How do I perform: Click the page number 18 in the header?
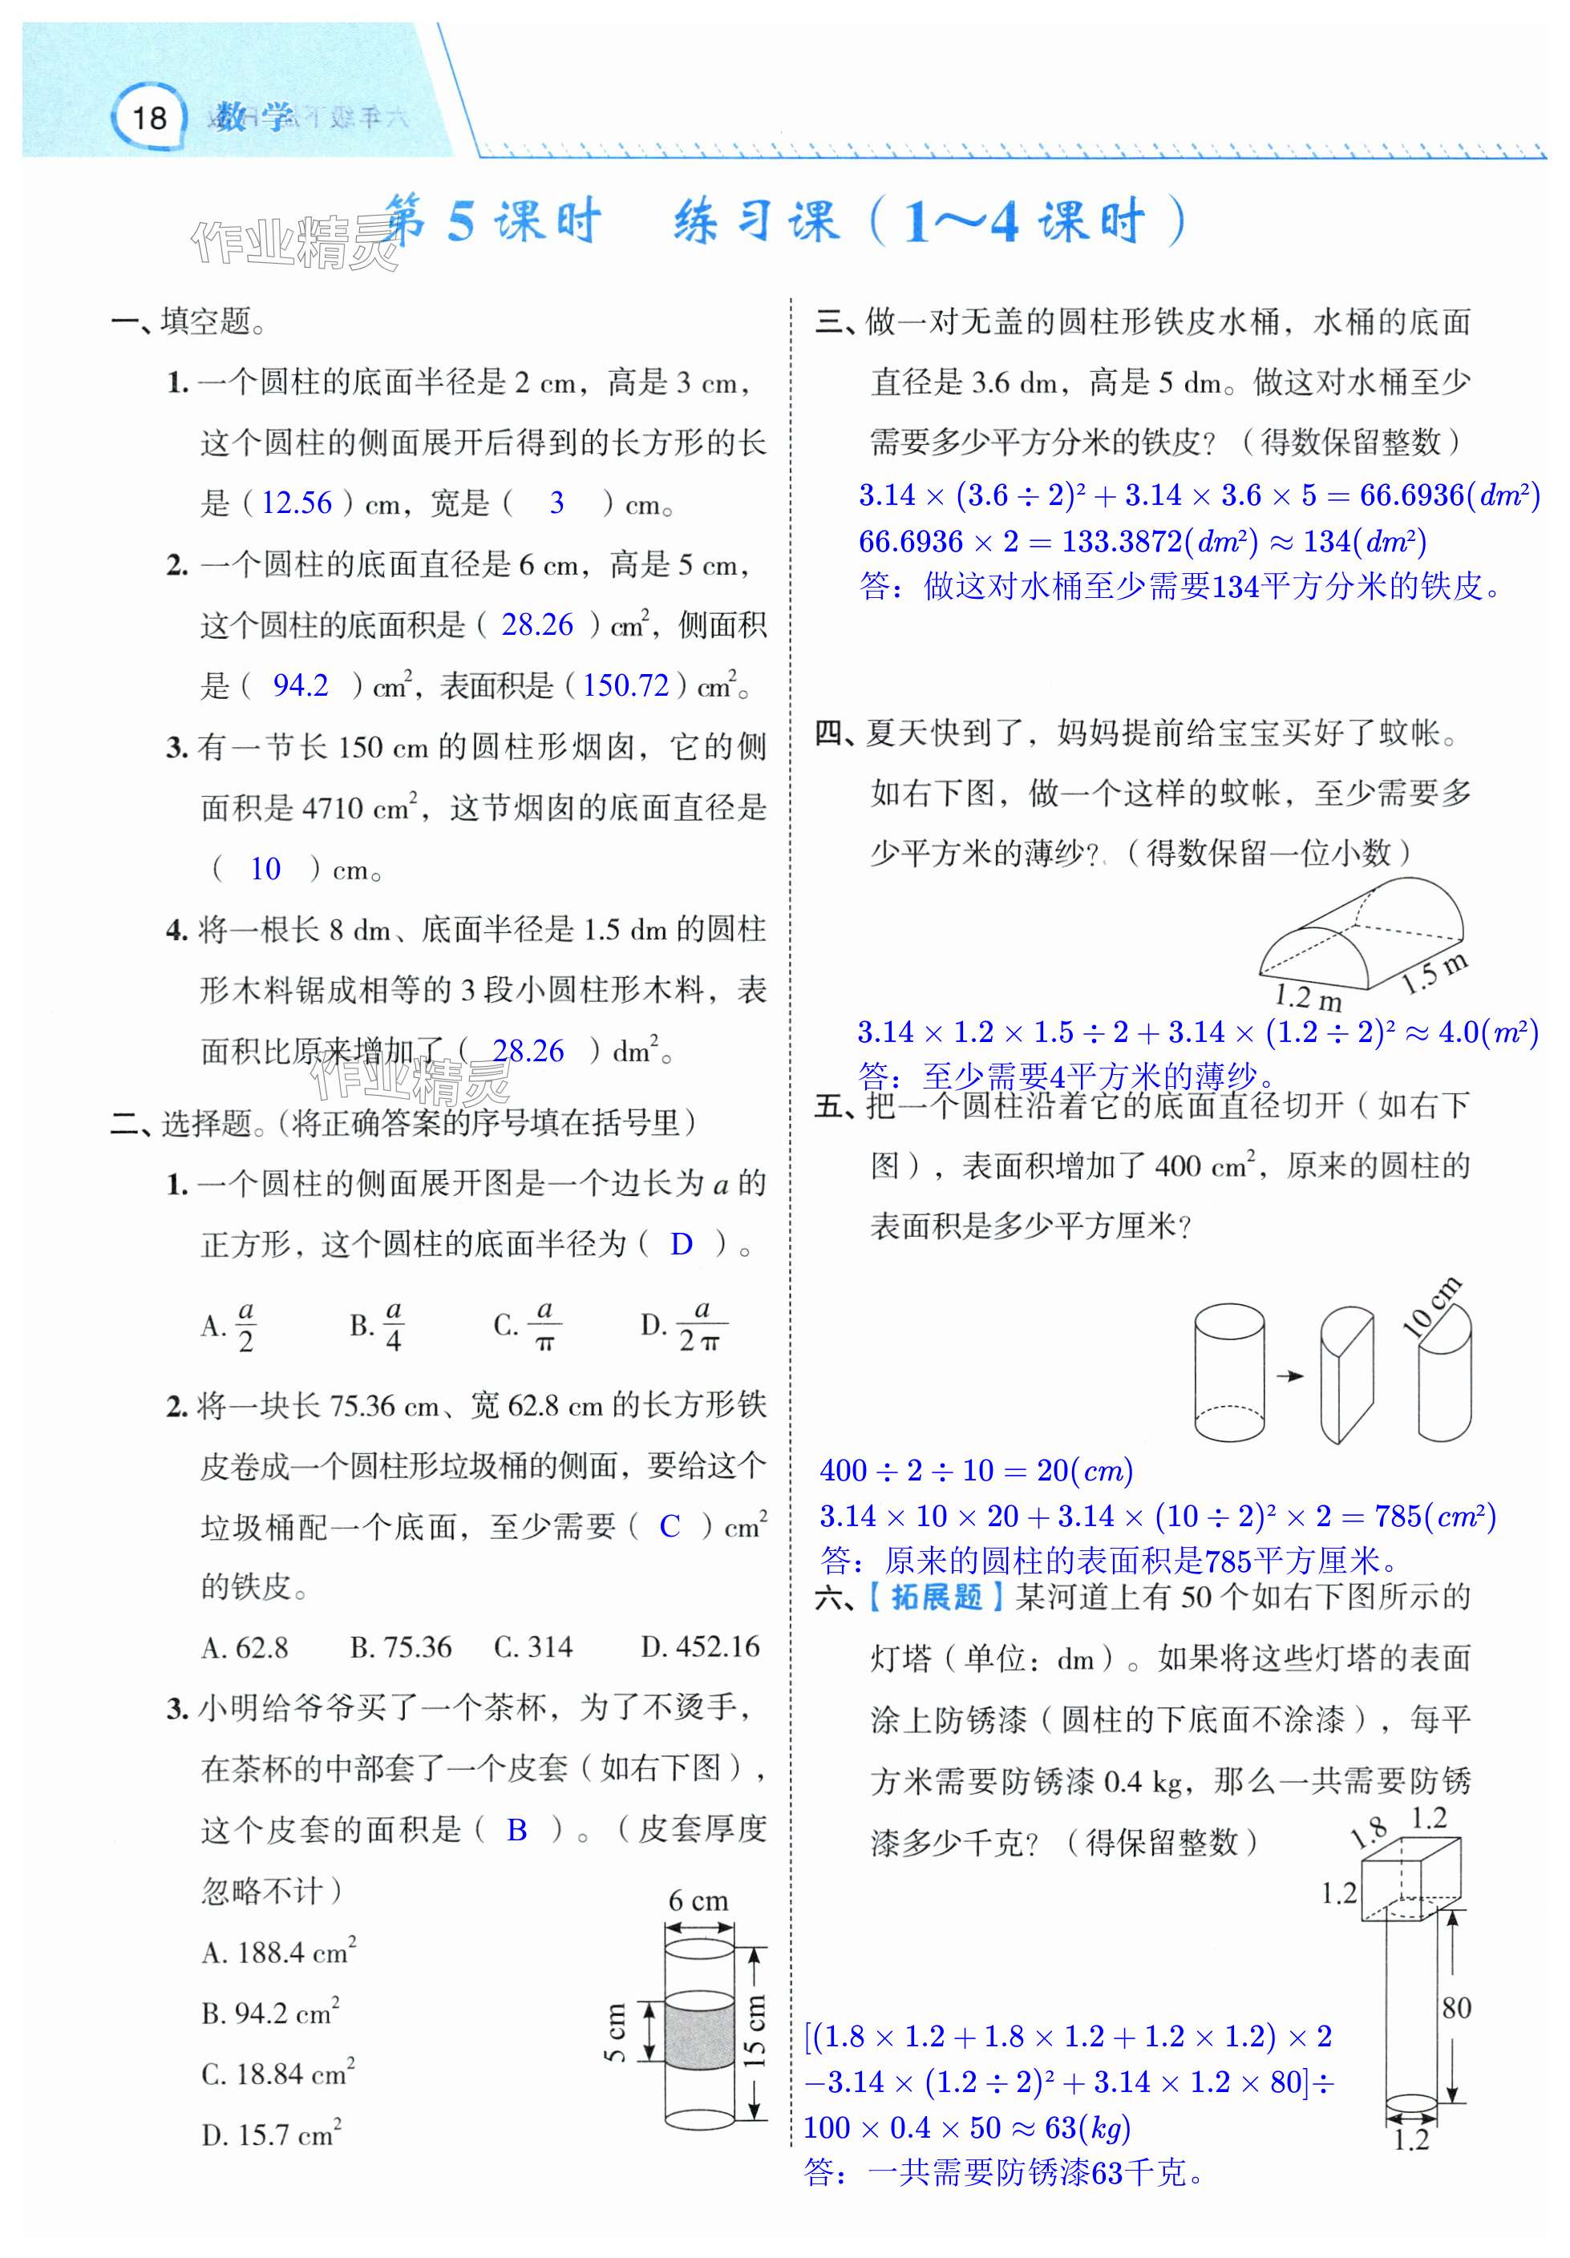click(149, 118)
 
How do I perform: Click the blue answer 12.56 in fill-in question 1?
click(297, 503)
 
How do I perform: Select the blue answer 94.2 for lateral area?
click(300, 685)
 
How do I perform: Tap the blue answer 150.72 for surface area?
click(625, 685)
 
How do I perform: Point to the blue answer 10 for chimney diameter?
click(265, 868)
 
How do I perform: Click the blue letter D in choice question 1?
click(681, 1244)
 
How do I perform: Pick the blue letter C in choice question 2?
click(669, 1526)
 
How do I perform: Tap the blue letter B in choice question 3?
click(516, 1830)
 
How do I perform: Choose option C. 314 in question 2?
click(532, 1647)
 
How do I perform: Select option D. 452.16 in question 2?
click(699, 1647)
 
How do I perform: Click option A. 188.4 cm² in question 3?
click(278, 1952)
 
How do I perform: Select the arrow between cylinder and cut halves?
click(1289, 1375)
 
